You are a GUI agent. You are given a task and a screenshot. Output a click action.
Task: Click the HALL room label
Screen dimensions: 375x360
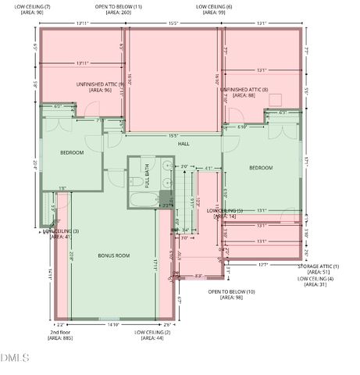tap(184, 144)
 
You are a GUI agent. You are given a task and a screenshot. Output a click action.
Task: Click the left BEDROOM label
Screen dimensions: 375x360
tap(72, 152)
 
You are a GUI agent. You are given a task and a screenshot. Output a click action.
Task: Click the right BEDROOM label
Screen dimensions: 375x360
tap(261, 168)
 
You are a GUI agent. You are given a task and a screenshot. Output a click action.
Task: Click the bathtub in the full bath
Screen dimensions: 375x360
tap(145, 201)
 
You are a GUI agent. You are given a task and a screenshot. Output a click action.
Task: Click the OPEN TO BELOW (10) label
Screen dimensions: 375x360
tap(231, 295)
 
